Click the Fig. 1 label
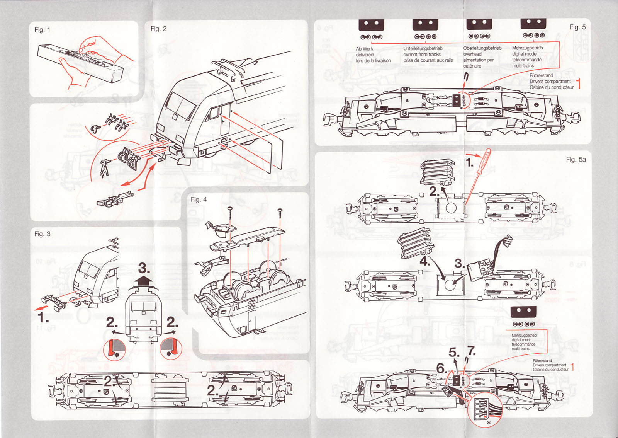pos(42,30)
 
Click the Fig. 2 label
pos(158,29)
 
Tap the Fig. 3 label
pos(42,234)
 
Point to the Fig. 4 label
pos(199,199)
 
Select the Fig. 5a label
pos(576,159)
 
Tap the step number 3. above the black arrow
pos(144,268)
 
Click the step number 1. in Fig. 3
pos(43,318)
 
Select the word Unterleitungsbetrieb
pos(423,48)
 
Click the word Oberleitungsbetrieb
pos(482,48)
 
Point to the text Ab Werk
pos(364,49)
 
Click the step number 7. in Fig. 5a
pos(471,351)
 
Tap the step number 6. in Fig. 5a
pos(441,368)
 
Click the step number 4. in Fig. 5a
pos(425,261)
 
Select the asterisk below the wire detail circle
pos(489,423)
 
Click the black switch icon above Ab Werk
pos(371,24)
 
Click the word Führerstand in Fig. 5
pos(541,75)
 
